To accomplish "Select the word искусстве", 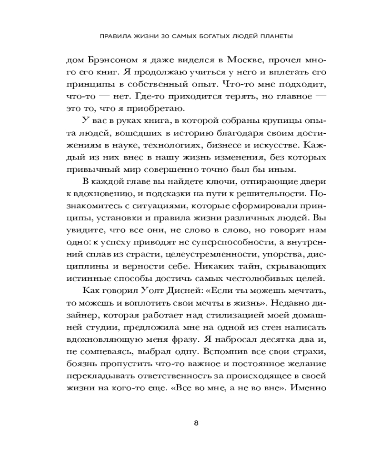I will pos(275,144).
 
